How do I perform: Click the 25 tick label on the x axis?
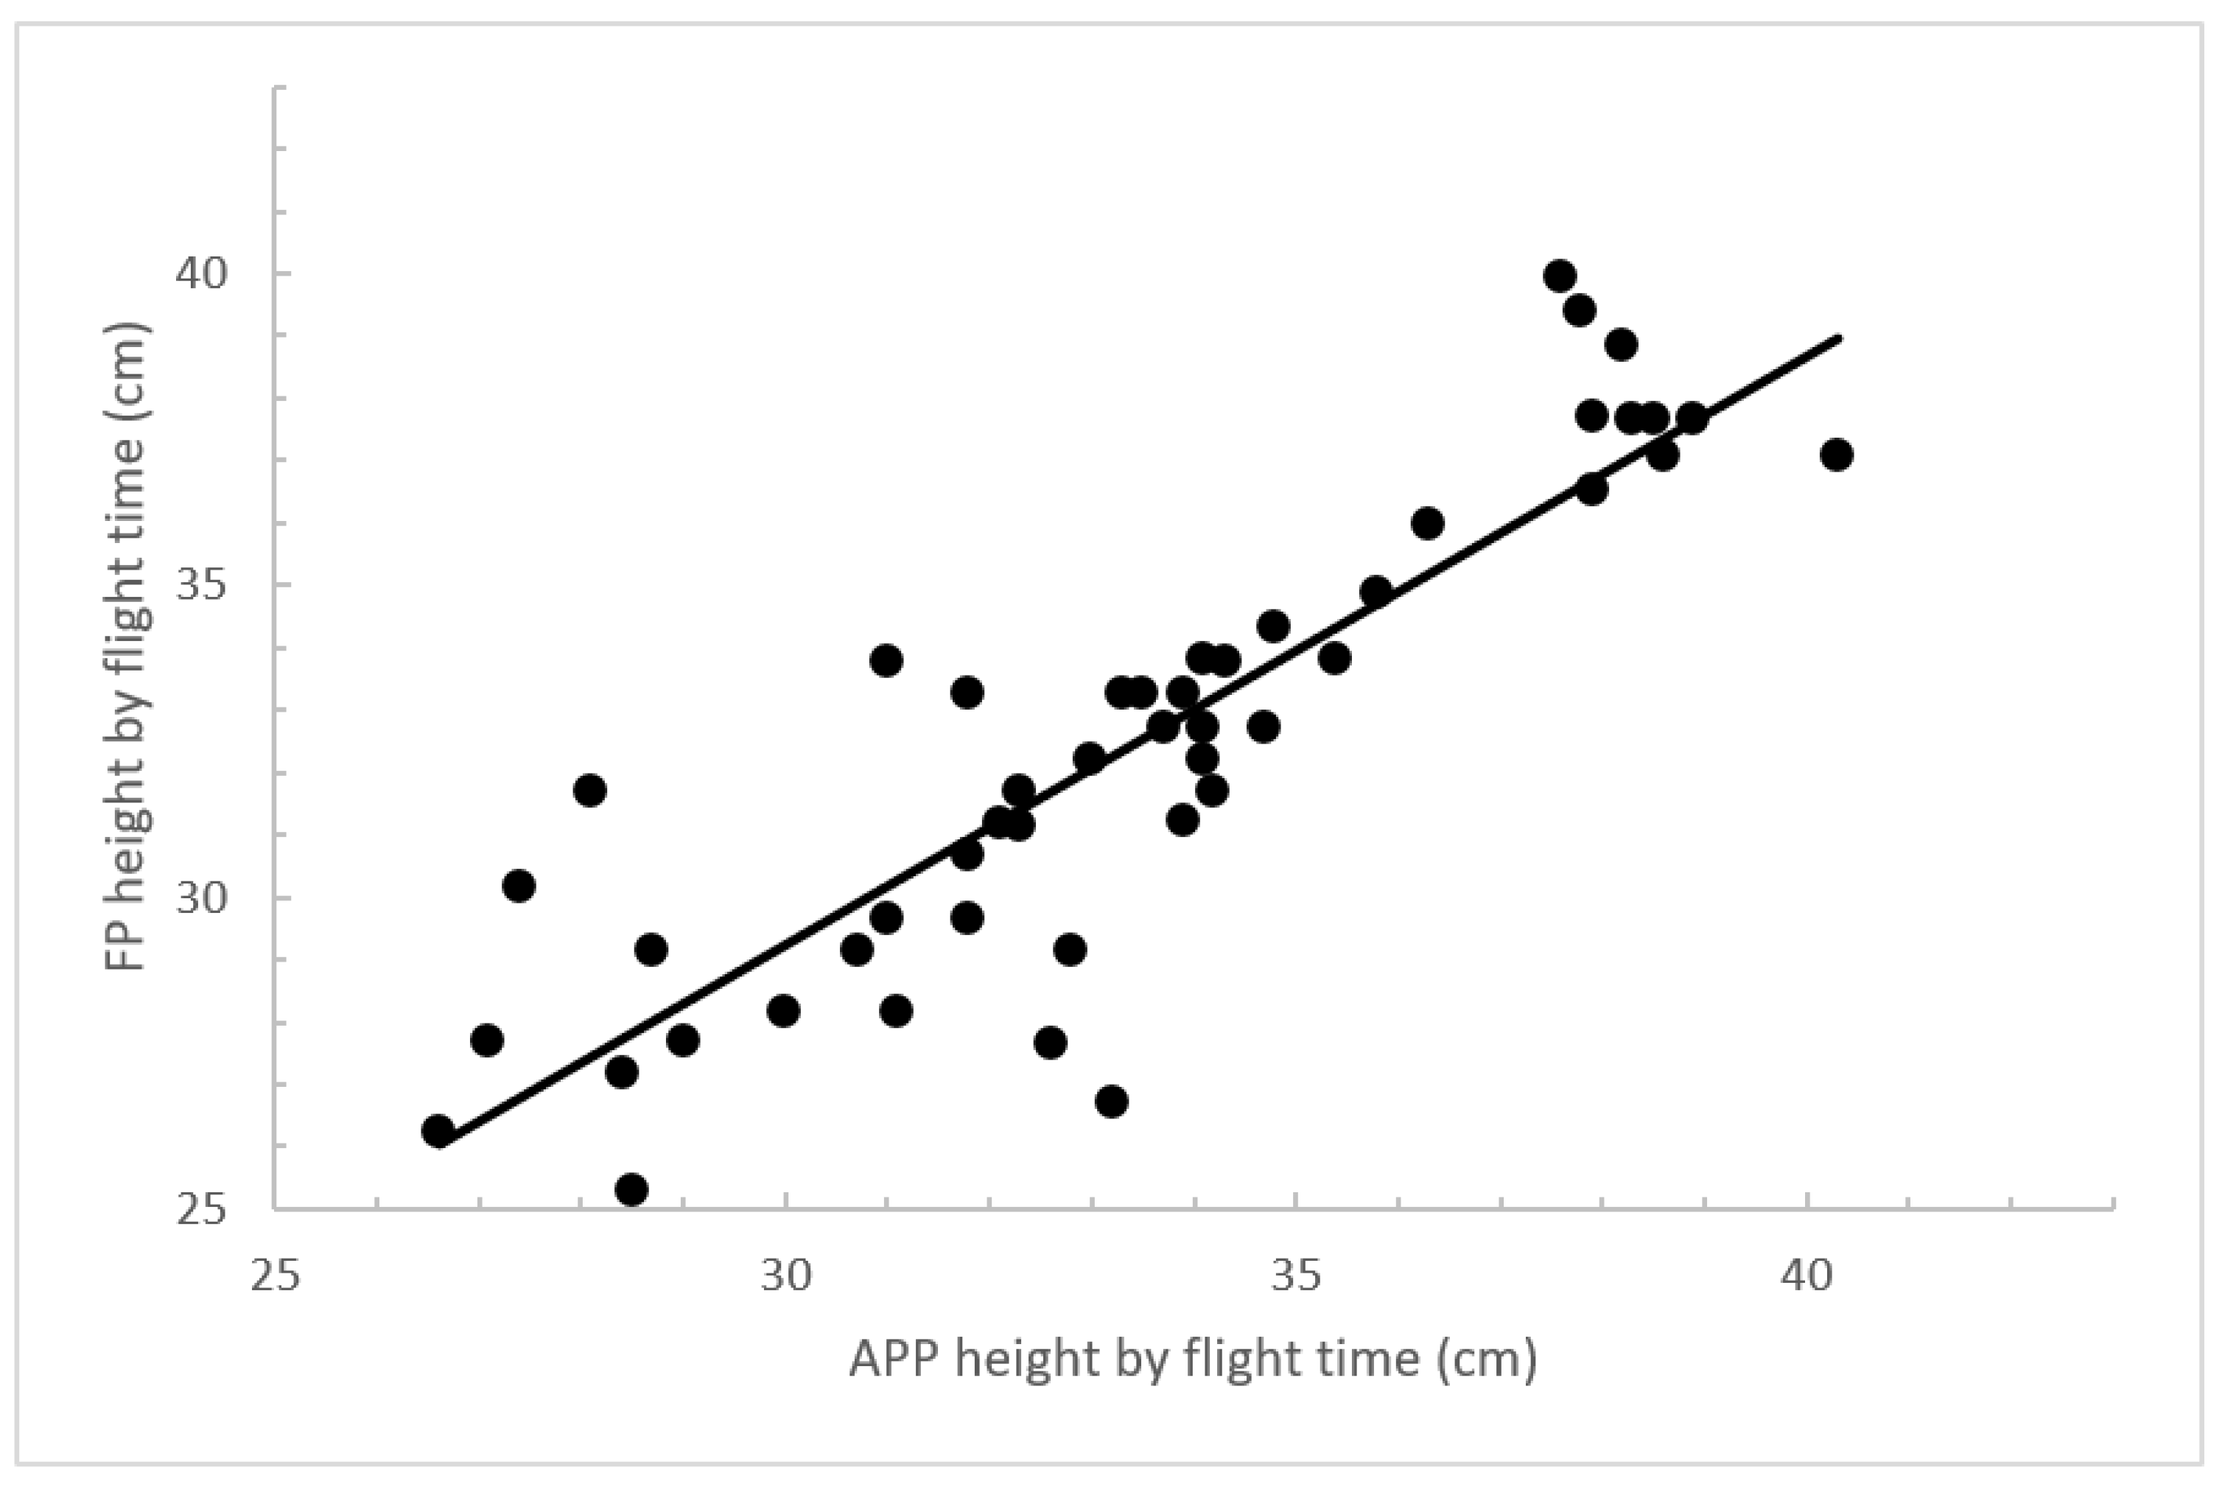[x=275, y=1278]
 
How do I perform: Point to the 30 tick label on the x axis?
[x=786, y=1278]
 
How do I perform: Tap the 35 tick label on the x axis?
[x=1296, y=1278]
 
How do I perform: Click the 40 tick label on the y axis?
[x=202, y=274]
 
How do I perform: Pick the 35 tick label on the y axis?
[x=202, y=585]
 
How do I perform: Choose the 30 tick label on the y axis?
[x=202, y=898]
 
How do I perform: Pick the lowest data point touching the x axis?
[x=631, y=1189]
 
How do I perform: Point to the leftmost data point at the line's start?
[x=438, y=1131]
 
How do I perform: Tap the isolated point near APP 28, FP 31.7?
[x=589, y=790]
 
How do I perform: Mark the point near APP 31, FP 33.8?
[x=886, y=660]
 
